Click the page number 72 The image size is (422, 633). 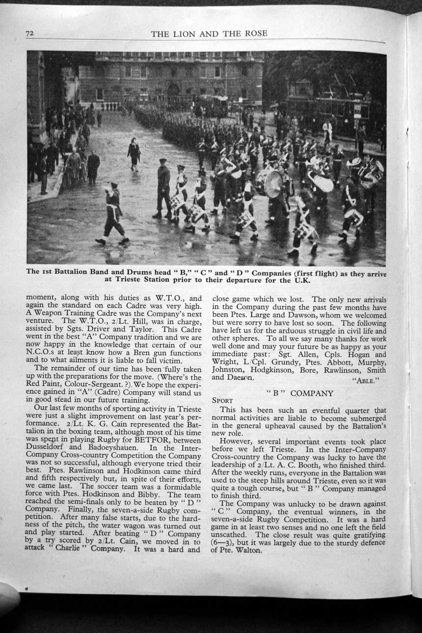click(x=29, y=33)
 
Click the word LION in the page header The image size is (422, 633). click(x=188, y=34)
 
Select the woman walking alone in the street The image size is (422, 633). click(x=133, y=153)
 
